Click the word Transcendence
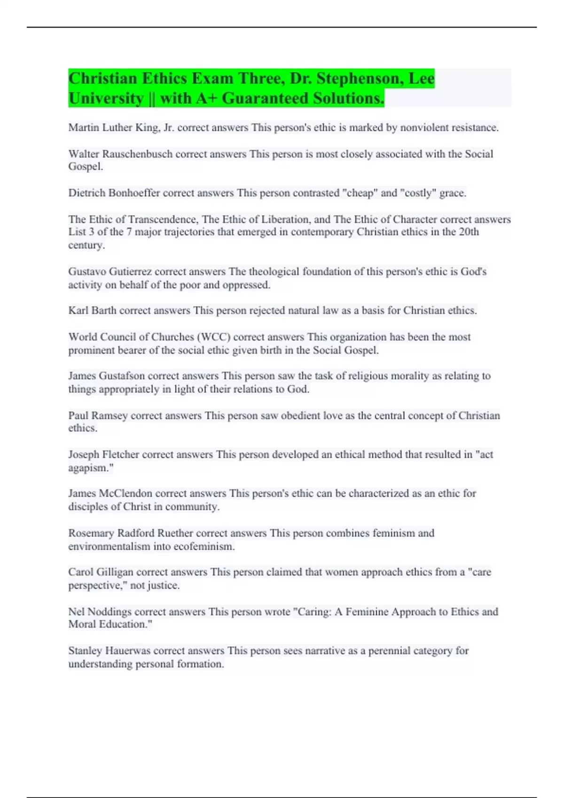[x=162, y=219]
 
